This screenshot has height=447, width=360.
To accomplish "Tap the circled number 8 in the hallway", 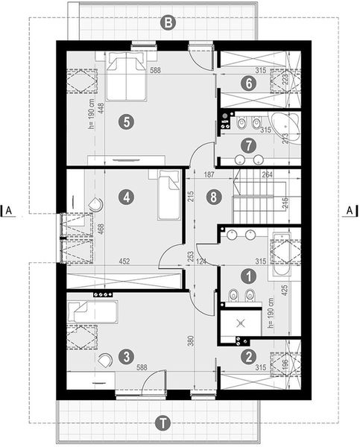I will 214,197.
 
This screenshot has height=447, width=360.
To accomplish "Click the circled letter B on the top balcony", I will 169,22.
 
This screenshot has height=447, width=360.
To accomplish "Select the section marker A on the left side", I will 9,212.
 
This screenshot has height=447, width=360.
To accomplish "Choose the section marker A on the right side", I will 350,212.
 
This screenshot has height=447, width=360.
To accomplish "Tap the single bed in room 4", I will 169,195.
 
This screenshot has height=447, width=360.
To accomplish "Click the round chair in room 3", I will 106,360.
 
